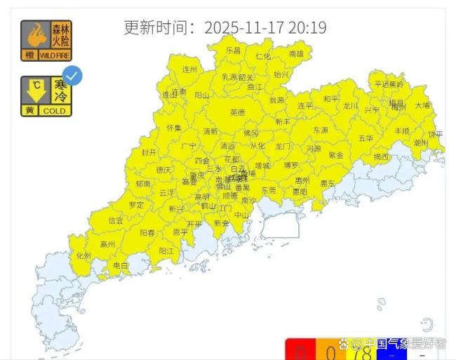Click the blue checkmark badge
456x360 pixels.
point(72,76)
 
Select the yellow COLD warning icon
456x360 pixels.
point(46,96)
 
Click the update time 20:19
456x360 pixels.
point(306,27)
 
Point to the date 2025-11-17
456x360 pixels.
point(244,27)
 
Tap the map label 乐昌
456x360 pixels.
point(233,51)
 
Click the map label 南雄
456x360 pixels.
point(297,53)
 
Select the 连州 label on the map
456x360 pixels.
point(190,70)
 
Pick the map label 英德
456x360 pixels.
point(238,112)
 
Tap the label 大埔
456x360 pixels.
point(422,105)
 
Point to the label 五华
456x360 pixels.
point(366,139)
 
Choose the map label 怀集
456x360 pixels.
point(174,128)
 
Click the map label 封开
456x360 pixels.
point(149,152)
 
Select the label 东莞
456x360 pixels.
point(269,190)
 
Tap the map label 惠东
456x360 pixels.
point(328,183)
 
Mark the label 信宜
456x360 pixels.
point(116,221)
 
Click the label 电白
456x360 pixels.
point(121,266)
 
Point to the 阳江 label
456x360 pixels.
point(166,251)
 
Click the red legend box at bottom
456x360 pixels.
point(297,350)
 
